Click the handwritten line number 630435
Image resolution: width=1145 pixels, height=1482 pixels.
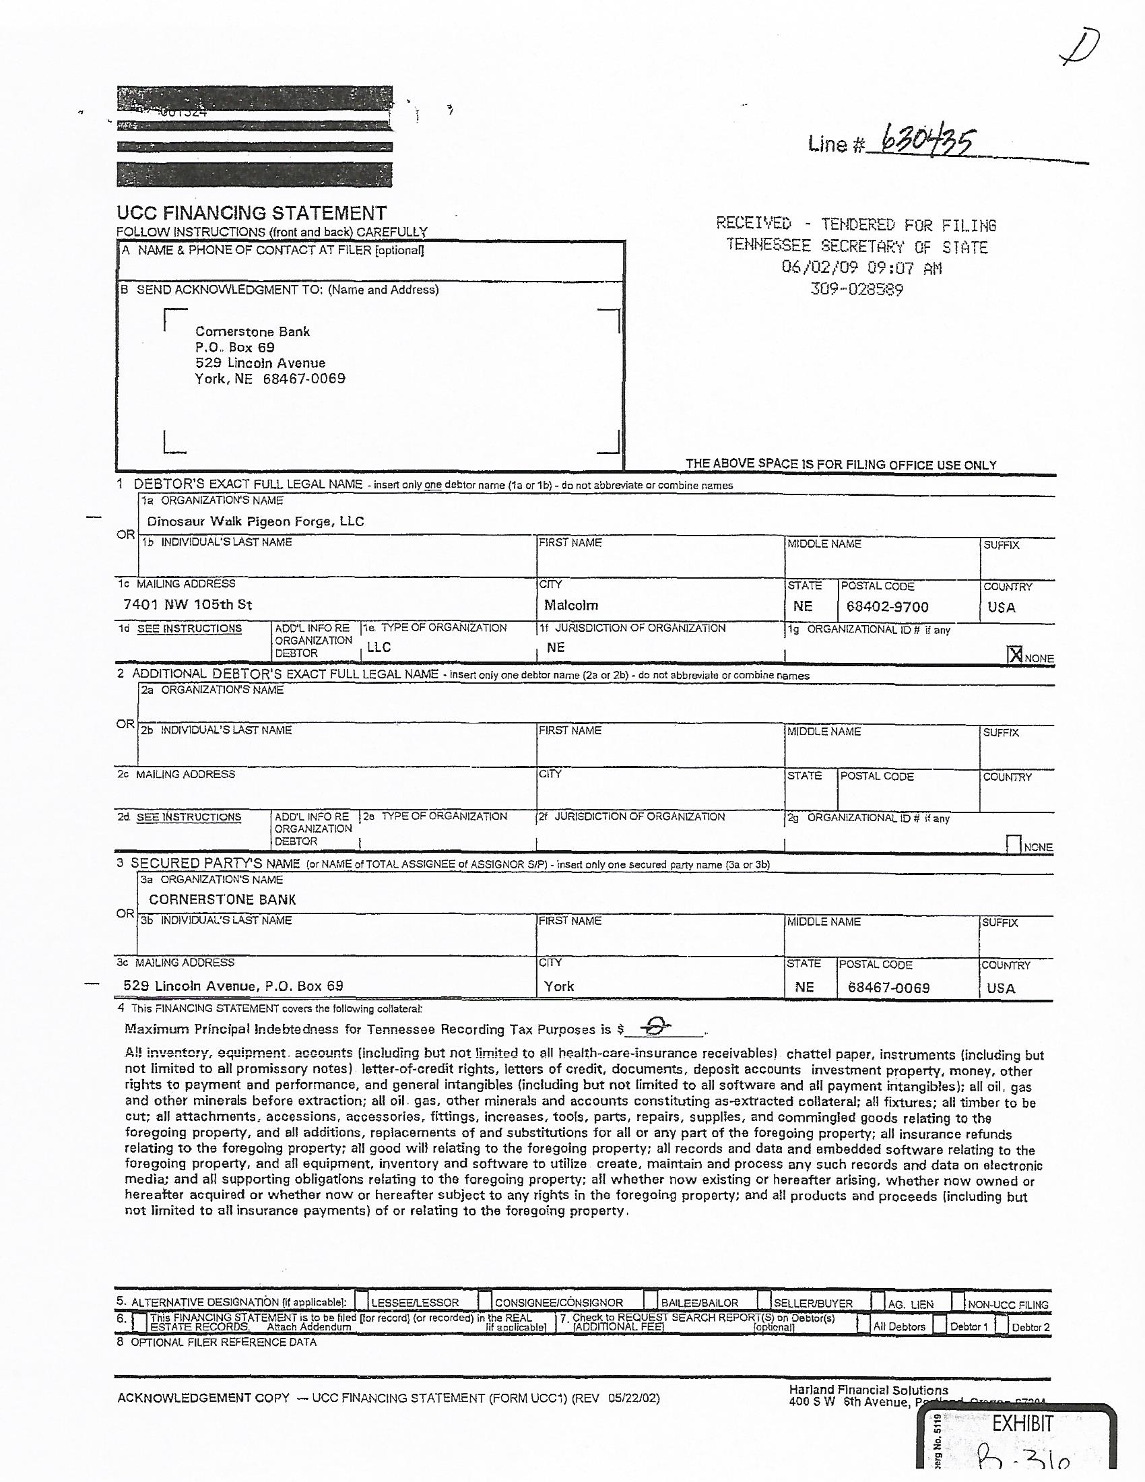[928, 143]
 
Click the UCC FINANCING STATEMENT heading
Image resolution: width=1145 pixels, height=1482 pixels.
[252, 213]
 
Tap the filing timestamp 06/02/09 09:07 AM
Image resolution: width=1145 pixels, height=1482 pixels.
[861, 268]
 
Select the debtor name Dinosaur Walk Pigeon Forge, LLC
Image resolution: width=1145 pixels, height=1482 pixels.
[256, 521]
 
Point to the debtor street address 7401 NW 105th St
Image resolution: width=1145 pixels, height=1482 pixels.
[188, 604]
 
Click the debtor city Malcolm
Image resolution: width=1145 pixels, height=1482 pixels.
[570, 605]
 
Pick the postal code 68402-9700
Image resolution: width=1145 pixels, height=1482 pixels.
[887, 607]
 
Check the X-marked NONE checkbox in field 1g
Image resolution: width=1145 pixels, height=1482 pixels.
[1015, 655]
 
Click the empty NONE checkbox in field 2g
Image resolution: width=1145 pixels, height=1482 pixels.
[1014, 844]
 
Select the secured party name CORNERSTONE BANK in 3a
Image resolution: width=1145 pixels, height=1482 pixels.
[222, 899]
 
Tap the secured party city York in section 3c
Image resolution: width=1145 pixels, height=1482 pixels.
[559, 986]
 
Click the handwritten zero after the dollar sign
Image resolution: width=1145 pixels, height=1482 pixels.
[655, 1027]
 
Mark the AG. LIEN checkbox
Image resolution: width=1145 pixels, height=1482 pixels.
[878, 1301]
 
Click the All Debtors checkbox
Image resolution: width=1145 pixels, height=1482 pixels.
[863, 1324]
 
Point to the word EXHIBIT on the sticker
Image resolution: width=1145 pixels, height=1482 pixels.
[1023, 1423]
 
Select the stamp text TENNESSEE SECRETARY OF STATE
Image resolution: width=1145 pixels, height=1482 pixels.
[857, 247]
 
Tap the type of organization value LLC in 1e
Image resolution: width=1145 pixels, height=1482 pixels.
[379, 647]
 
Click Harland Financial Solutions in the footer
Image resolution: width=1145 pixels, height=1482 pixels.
[868, 1390]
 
